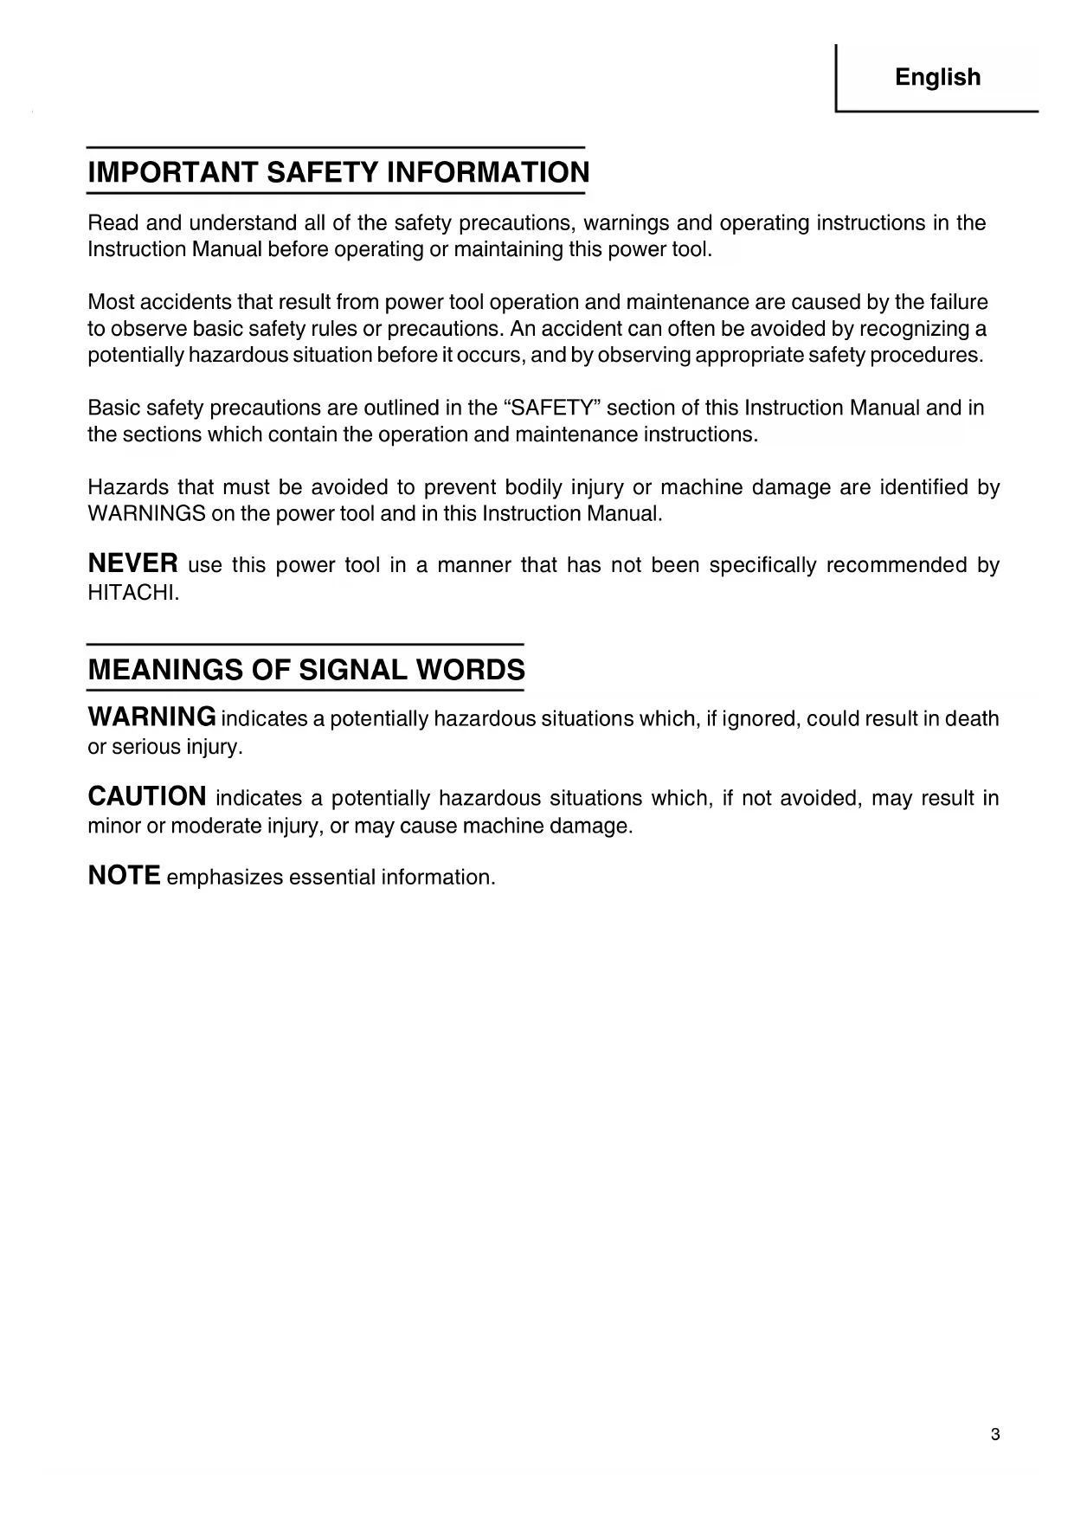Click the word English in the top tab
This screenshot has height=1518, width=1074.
click(x=937, y=78)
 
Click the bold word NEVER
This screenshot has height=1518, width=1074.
click(x=133, y=564)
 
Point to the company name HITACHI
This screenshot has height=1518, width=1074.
click(x=132, y=593)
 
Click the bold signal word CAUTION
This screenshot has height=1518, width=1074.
click(x=147, y=796)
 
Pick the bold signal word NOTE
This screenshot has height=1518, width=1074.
click(x=124, y=876)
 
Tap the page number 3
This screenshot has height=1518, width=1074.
click(x=995, y=1435)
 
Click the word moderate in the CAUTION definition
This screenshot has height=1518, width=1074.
click(x=216, y=826)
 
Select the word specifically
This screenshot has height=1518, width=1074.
click(x=762, y=566)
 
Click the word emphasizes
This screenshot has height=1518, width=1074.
click(x=224, y=878)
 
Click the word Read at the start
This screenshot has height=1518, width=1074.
click(x=113, y=223)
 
